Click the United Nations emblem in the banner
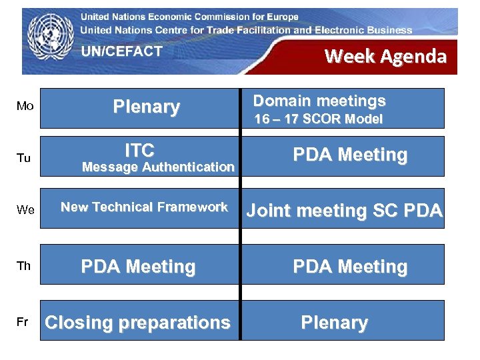51,40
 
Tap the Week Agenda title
385,56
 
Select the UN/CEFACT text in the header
121,51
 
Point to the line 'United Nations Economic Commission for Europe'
189,17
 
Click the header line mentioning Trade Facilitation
246,30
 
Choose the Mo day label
25,107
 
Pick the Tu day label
25,158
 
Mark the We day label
25,210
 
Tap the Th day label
24,266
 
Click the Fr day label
23,322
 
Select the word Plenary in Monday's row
146,107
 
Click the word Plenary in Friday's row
334,323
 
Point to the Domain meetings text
319,101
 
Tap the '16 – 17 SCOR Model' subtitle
319,119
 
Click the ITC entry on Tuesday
139,150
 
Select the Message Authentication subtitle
158,167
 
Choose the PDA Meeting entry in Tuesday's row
350,155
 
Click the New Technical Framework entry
144,207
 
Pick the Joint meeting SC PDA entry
344,211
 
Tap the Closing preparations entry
137,323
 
